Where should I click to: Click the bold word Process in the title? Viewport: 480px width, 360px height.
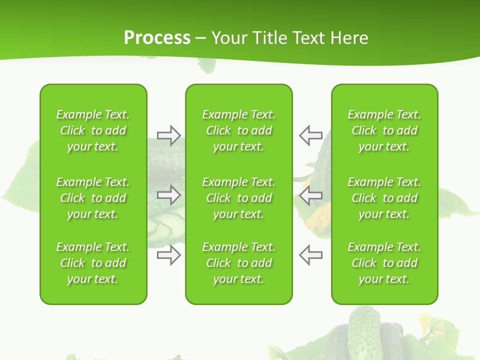point(157,38)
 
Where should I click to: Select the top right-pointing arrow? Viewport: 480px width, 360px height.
point(168,135)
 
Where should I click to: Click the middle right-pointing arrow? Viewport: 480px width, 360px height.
point(168,195)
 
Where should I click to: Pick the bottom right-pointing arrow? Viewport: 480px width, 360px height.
point(168,255)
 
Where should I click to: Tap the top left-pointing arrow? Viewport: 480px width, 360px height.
point(311,135)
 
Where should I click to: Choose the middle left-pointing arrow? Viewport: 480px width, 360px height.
point(311,195)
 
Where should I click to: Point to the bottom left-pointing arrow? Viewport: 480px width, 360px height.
point(311,255)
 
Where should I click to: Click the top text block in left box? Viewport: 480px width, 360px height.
point(93,130)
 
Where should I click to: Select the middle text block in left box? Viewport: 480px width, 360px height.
point(93,198)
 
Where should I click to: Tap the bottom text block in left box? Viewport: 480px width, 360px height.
point(93,263)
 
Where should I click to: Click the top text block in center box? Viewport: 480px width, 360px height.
point(238,130)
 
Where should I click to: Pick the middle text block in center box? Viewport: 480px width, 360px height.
point(238,198)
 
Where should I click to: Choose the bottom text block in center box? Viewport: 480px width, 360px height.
point(238,263)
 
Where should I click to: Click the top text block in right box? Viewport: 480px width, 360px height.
point(384,130)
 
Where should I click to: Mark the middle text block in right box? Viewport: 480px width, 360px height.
point(384,198)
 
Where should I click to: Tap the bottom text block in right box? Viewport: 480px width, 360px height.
point(384,263)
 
